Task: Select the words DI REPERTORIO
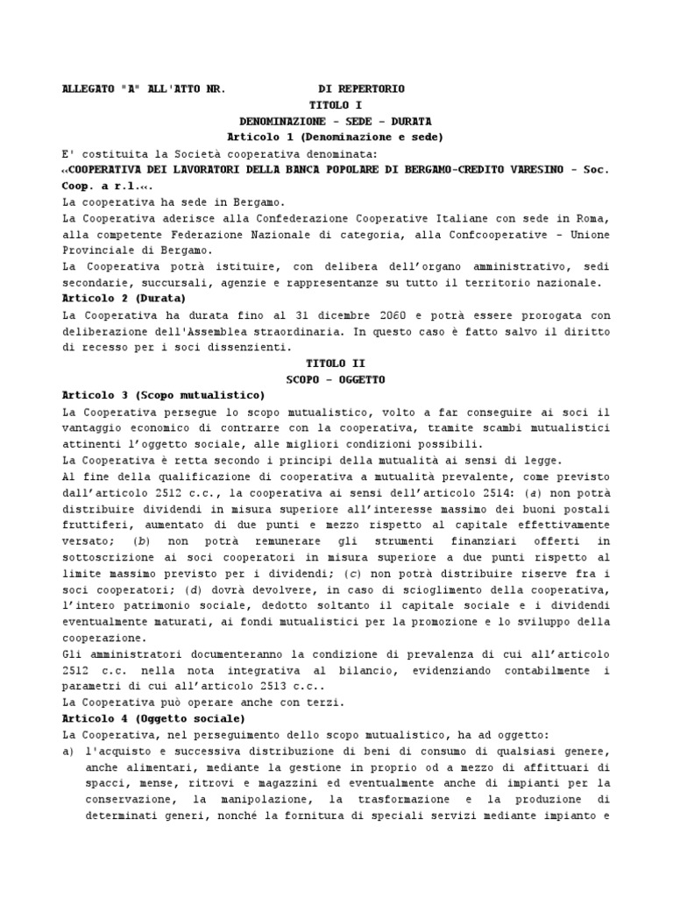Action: point(361,89)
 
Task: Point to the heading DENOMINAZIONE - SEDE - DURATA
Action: point(336,121)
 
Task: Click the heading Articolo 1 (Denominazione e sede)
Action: point(336,137)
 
